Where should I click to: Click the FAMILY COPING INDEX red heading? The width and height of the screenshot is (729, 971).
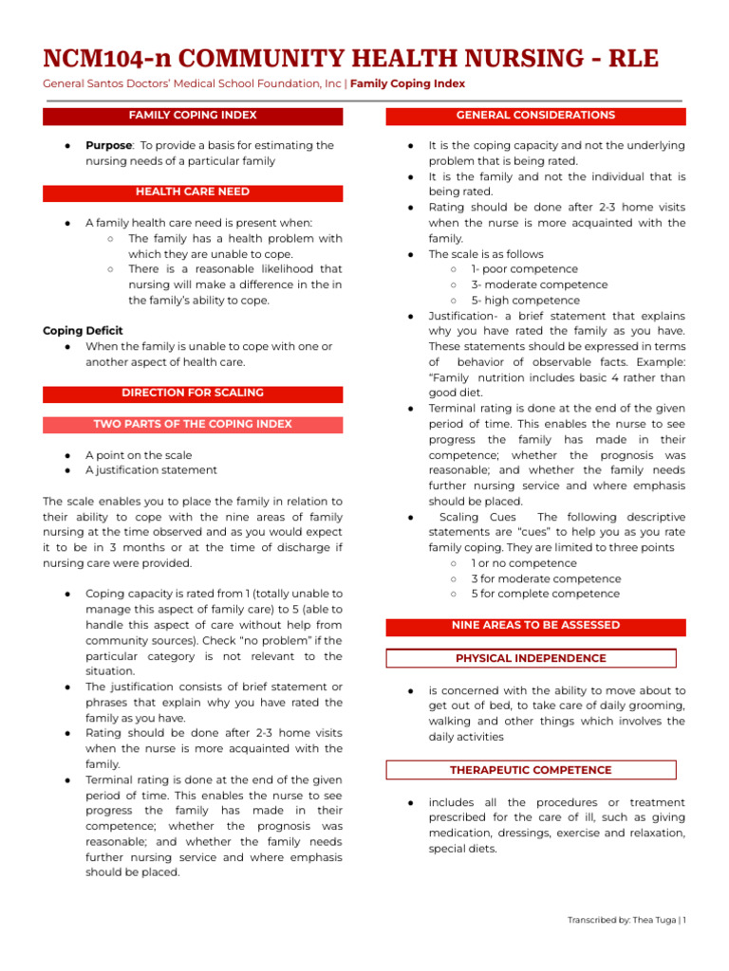[193, 116]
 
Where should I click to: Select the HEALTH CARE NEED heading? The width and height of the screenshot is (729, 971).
[193, 192]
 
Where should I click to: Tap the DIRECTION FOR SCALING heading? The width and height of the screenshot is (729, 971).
[193, 394]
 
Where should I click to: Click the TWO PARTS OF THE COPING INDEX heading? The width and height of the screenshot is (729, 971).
[193, 425]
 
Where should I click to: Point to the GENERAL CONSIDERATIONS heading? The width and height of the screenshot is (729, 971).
[535, 116]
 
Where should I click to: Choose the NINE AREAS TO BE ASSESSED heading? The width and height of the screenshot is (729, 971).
[535, 626]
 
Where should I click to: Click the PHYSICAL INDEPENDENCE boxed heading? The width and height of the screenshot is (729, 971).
[531, 658]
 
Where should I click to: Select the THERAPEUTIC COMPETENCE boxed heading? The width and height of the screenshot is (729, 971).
[531, 770]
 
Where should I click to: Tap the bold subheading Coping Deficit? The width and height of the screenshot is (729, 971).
[83, 331]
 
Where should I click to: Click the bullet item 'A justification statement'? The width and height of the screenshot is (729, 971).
[151, 470]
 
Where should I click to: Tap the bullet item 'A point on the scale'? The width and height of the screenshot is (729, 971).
[139, 455]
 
